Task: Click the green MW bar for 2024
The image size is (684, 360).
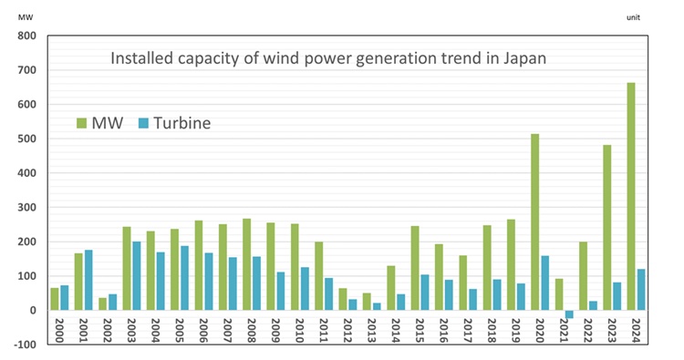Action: point(631,196)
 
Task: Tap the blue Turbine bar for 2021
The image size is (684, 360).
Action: point(569,314)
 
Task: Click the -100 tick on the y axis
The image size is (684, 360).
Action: point(24,345)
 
